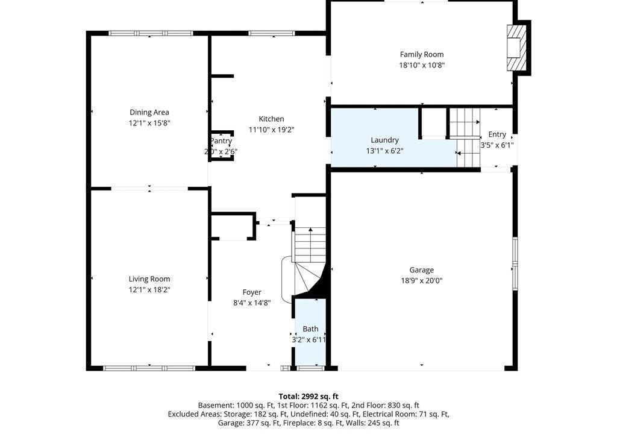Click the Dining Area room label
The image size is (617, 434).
pos(149,112)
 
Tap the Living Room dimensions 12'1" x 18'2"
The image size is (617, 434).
pos(149,290)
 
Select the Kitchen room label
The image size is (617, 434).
pos(272,119)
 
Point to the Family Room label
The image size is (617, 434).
pos(422,54)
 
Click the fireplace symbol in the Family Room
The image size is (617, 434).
pos(516,48)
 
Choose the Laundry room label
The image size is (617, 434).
pos(385,140)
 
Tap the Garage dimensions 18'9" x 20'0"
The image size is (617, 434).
pos(422,281)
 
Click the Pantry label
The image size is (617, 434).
pos(221,141)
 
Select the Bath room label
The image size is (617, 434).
pos(310,329)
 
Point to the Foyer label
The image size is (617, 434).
pos(252,292)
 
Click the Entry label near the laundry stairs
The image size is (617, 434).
pos(497,134)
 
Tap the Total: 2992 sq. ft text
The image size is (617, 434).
pos(308,396)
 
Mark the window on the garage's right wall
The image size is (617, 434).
pos(515,264)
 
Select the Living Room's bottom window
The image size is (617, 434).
pos(149,369)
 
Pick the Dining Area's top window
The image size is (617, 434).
pos(151,34)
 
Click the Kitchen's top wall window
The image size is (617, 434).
pos(272,34)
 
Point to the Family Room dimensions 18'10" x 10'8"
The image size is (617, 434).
pos(422,65)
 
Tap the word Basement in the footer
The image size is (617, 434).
pos(216,405)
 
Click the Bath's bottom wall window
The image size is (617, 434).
pos(310,369)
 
